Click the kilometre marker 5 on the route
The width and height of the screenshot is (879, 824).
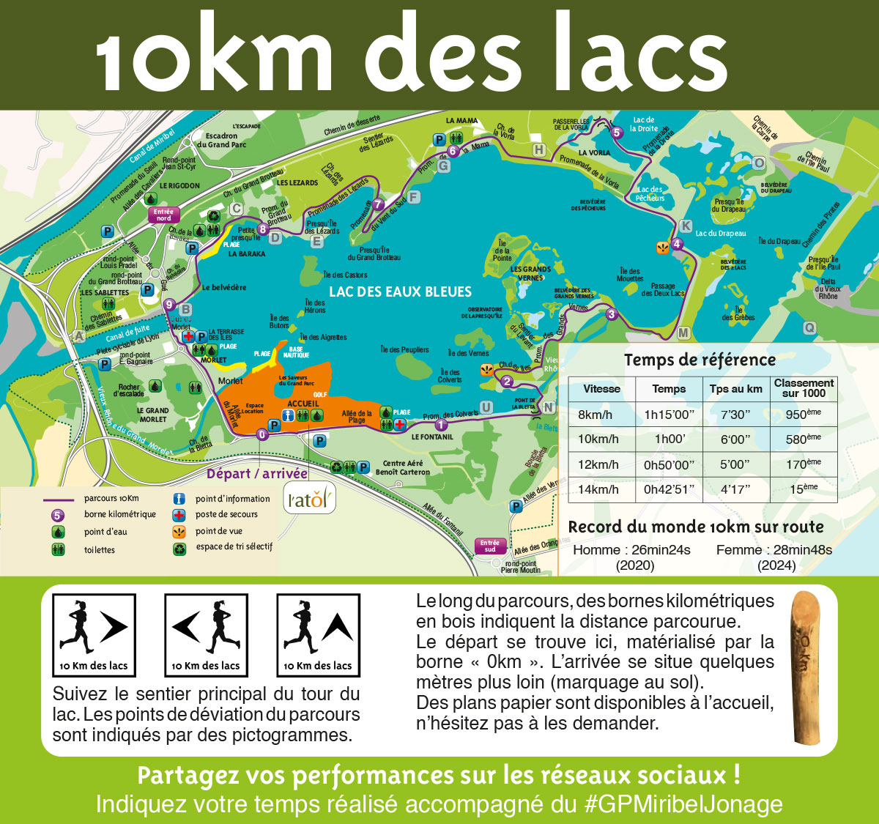(x=616, y=133)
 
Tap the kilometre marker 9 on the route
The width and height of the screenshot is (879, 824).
(x=169, y=305)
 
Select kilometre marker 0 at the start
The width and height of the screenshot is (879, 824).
(x=262, y=434)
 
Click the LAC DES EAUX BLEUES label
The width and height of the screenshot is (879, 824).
(x=400, y=292)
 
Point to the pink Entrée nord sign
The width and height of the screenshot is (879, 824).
(x=163, y=215)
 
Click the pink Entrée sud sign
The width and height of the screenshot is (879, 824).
(x=489, y=546)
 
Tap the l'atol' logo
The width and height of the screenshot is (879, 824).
(x=310, y=500)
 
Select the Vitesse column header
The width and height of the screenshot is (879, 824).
(x=601, y=389)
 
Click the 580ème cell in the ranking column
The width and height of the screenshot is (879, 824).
(x=803, y=439)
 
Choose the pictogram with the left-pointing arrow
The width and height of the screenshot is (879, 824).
(x=206, y=634)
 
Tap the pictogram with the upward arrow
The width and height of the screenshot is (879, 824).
(x=318, y=634)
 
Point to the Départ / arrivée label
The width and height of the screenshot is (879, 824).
(x=257, y=473)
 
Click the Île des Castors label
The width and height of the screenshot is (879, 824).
(x=345, y=275)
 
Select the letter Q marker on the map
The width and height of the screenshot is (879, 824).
(x=809, y=327)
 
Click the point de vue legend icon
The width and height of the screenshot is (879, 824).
(x=179, y=531)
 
